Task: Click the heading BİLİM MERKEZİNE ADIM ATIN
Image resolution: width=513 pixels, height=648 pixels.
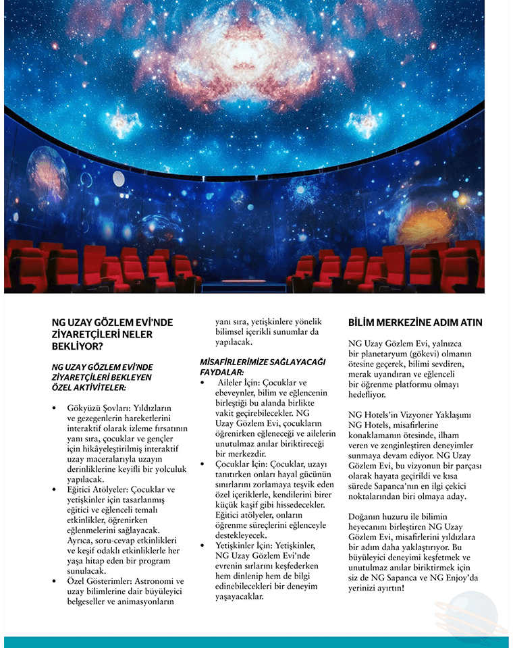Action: (x=415, y=323)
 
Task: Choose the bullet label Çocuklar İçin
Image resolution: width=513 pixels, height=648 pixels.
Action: (x=236, y=464)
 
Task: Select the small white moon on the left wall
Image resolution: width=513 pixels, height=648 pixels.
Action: (x=119, y=178)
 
